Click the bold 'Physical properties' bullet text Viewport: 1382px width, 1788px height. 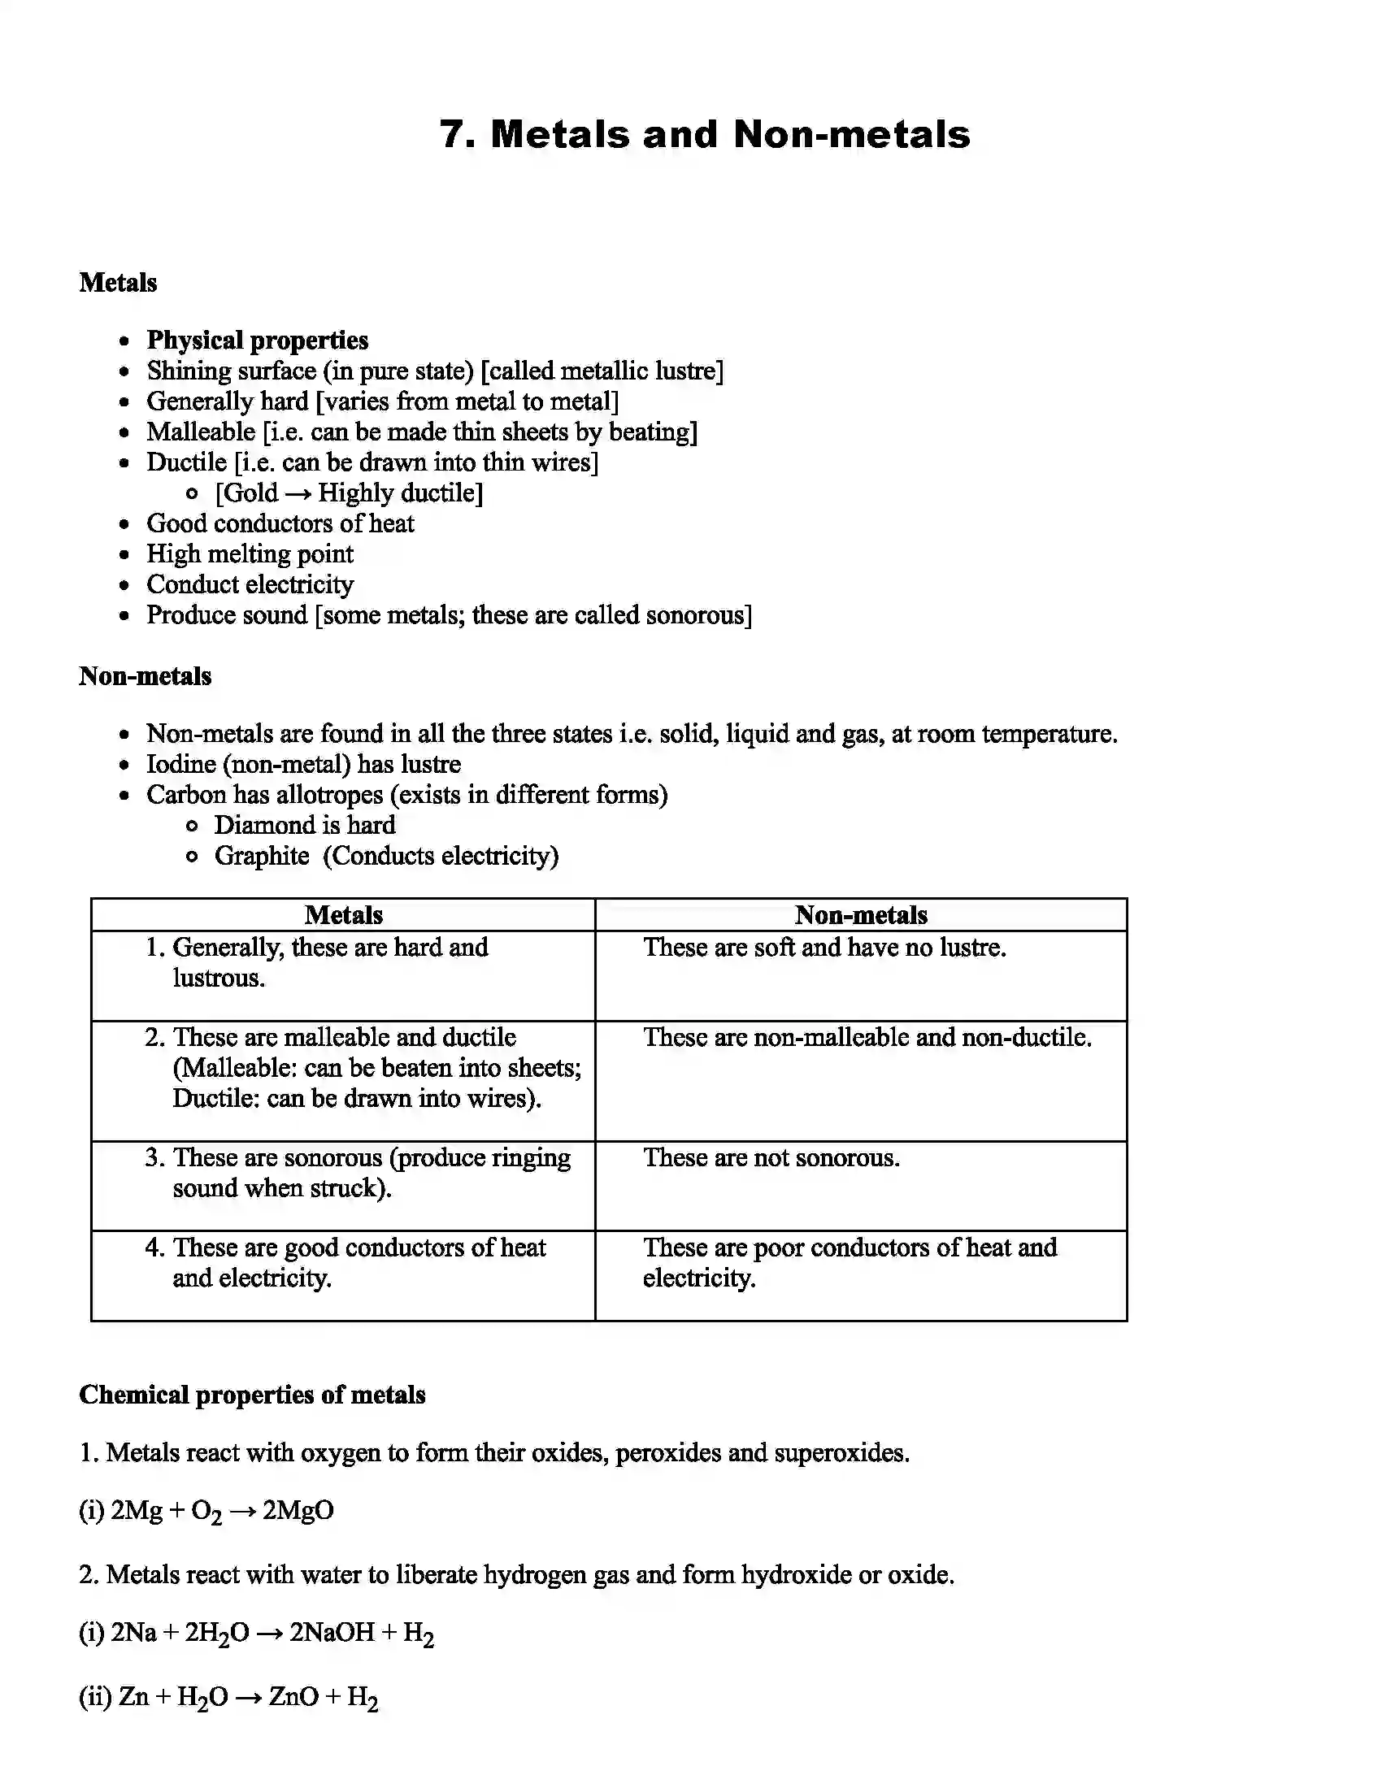[257, 341]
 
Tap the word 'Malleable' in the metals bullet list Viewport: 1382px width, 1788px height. [201, 432]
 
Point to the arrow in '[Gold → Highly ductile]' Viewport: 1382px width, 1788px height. [298, 493]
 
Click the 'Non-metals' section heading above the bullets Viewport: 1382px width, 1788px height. [145, 676]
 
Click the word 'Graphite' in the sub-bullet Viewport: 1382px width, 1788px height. [261, 857]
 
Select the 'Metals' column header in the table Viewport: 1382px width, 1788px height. [343, 915]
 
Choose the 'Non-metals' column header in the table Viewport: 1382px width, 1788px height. [860, 915]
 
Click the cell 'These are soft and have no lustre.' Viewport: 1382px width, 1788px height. [824, 948]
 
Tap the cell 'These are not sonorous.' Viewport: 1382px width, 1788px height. [771, 1158]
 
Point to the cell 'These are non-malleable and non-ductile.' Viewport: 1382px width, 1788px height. [867, 1038]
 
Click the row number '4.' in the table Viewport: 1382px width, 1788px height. [154, 1248]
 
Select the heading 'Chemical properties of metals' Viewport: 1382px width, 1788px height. [252, 1395]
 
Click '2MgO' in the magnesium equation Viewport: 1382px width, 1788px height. [298, 1511]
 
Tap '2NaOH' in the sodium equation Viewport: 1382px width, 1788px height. [332, 1633]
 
